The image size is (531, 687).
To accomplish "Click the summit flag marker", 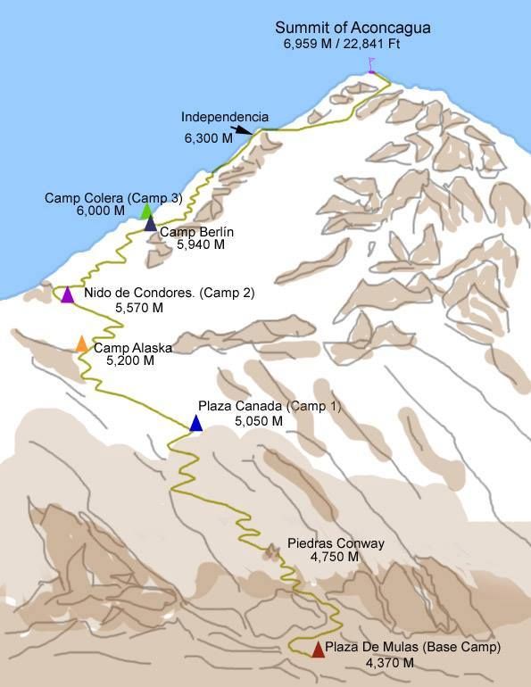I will point(370,65).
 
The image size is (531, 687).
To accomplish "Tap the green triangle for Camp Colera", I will point(146,211).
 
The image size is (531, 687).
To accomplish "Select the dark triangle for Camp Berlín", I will point(150,225).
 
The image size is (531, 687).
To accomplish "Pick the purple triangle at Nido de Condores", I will point(67,294).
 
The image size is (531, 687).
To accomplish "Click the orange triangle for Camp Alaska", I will point(81,343).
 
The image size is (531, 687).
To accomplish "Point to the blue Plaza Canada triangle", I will point(195,424).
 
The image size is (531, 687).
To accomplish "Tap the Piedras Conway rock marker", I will point(270,553).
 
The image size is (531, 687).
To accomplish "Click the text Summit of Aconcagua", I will point(353,28).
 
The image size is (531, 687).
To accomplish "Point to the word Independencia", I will point(225,117).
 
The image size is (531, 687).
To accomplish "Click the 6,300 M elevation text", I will point(208,138).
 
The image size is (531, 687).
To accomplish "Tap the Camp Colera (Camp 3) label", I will point(113,198).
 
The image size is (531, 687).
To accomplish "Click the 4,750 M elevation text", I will point(335,557).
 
